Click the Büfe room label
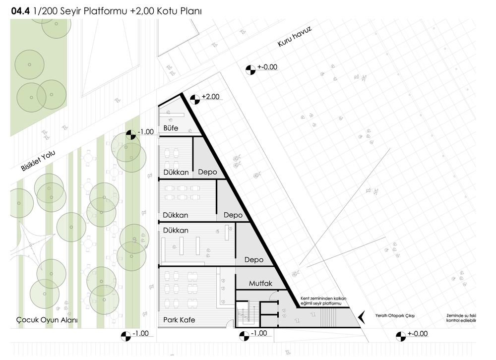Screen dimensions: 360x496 (x=171, y=128)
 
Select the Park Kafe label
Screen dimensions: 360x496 (x=179, y=320)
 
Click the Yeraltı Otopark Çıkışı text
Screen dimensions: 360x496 (x=391, y=316)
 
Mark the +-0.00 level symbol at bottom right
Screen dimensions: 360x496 (x=399, y=336)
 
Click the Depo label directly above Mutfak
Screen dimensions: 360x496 (x=253, y=260)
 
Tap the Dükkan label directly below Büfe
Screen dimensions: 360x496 (x=176, y=172)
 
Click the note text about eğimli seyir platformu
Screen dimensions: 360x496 (x=325, y=301)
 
